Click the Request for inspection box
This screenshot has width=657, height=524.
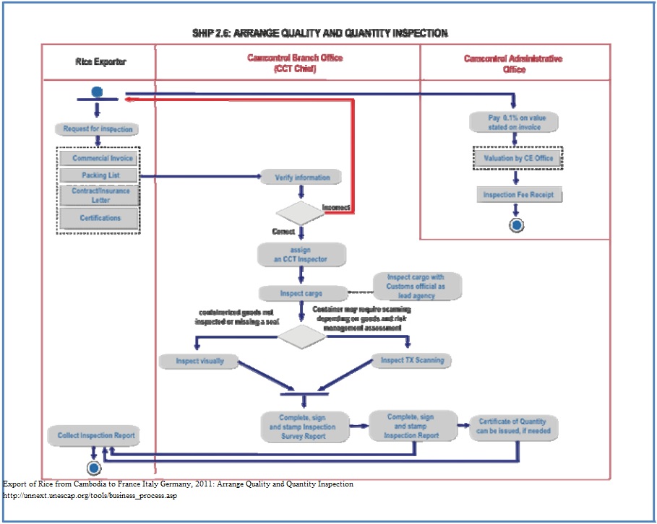coord(98,128)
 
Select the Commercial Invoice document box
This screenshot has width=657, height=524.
coord(98,158)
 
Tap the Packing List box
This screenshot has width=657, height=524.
coord(98,175)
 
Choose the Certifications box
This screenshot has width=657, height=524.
coord(98,217)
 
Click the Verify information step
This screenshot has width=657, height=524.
coord(302,177)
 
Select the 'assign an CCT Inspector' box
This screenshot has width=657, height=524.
coord(302,254)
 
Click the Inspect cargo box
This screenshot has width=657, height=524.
coord(301,294)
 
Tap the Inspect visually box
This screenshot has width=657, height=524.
coord(199,360)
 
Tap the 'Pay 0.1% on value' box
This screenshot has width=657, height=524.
coord(515,122)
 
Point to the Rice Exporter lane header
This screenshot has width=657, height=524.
coord(100,62)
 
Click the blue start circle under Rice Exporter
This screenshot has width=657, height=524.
coord(98,92)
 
